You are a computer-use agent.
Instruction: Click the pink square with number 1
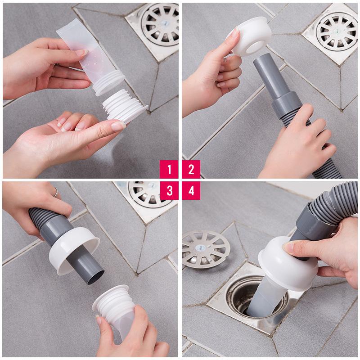tap(169, 169)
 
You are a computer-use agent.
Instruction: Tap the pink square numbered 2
tap(191, 169)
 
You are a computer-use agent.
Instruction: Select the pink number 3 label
tap(169, 191)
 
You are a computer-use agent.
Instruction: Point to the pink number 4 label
tap(191, 191)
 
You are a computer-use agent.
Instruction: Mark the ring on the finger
tap(55, 192)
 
